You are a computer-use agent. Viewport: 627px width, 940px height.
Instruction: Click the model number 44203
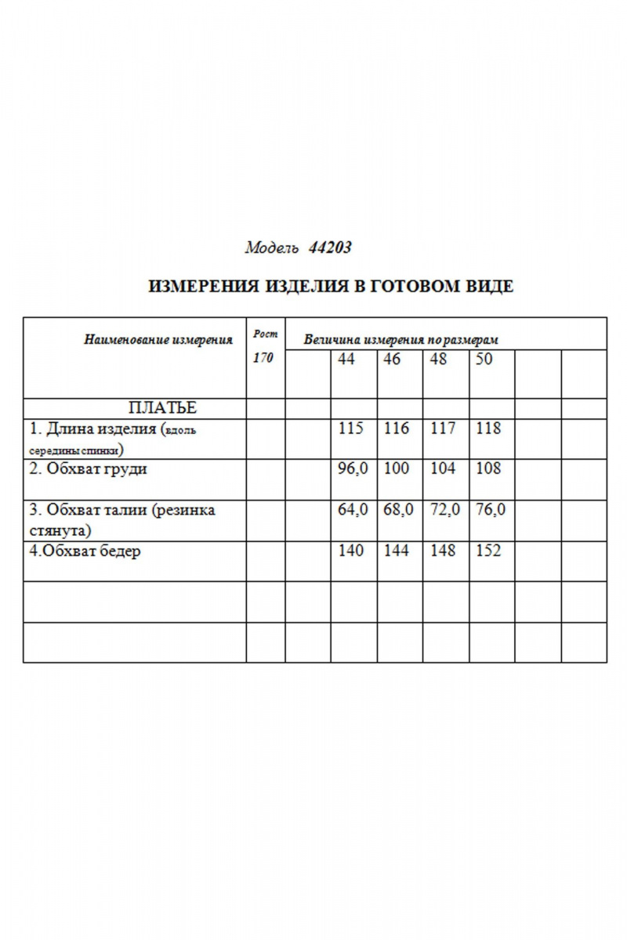point(330,248)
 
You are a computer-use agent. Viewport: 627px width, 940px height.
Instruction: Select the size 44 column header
point(346,360)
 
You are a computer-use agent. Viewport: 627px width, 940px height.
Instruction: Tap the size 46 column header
point(392,360)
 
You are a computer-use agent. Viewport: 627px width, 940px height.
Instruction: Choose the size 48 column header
point(439,360)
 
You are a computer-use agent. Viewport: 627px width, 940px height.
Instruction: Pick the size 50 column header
point(484,360)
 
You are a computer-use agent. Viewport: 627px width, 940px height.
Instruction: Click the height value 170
point(263,359)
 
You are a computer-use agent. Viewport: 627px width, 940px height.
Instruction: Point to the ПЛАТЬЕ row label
point(162,408)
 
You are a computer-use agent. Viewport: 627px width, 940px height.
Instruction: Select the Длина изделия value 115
point(351,428)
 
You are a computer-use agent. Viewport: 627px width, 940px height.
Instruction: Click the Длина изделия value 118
point(488,428)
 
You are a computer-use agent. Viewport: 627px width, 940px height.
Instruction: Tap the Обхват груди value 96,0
point(353,468)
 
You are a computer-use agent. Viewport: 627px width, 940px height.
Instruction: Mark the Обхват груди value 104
point(443,468)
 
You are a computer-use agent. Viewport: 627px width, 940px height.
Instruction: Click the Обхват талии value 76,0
point(491,510)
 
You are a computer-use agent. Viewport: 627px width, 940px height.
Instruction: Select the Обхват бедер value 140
point(351,551)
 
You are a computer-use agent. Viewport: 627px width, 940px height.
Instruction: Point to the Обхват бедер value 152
point(488,551)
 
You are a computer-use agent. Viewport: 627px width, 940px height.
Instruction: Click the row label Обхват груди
point(89,469)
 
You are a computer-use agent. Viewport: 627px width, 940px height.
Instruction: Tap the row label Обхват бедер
point(85,551)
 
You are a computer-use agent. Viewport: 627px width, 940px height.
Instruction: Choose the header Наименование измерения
point(158,340)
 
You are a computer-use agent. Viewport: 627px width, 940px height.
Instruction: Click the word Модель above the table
point(272,248)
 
